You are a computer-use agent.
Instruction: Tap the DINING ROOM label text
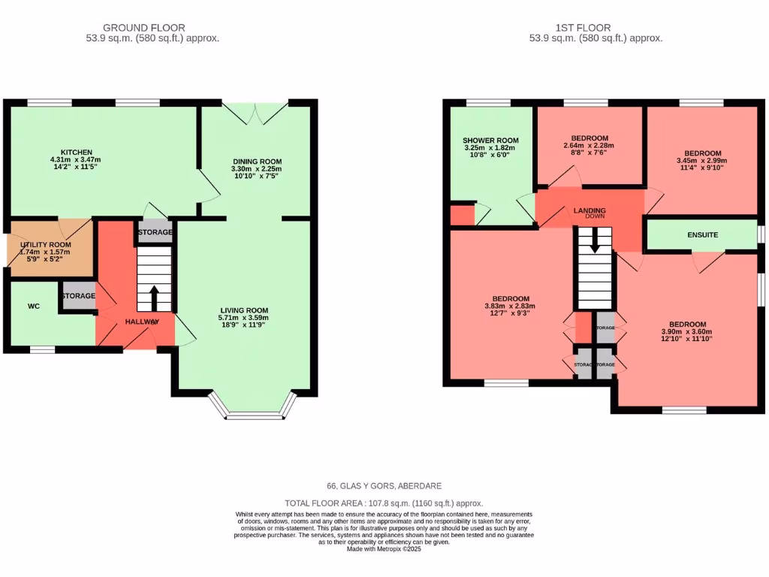coord(256,161)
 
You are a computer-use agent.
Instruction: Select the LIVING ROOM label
coord(244,310)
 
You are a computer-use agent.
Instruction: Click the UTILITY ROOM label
coord(46,245)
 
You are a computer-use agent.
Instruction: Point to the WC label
coord(33,306)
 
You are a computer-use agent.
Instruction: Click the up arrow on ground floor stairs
coord(155,297)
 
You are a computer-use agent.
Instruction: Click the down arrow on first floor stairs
coord(595,242)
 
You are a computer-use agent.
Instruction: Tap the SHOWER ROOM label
coord(490,140)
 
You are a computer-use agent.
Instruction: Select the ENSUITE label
coord(702,235)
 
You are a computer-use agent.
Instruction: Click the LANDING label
coord(590,210)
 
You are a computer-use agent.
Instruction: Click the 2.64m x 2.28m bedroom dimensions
coord(589,146)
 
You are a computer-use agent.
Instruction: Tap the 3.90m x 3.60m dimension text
coord(686,332)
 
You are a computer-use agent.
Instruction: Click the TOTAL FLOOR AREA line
coord(384,503)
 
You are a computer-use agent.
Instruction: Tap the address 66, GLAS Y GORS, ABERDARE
coord(384,485)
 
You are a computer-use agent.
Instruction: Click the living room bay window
coord(253,410)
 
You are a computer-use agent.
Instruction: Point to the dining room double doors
coord(256,113)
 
